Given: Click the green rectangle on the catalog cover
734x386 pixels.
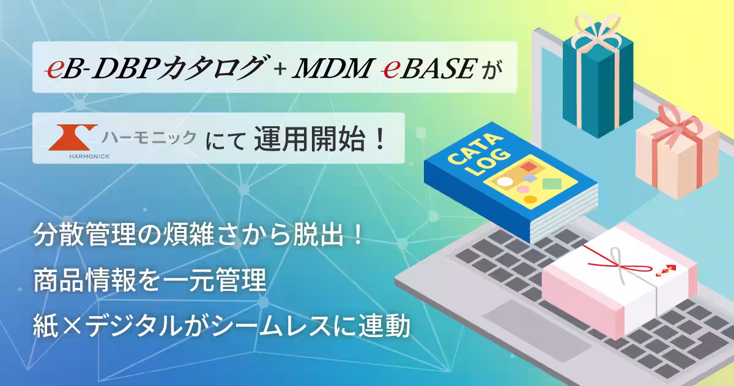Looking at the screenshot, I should click(x=552, y=183).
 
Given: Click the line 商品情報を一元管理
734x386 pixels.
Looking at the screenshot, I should click(x=149, y=283).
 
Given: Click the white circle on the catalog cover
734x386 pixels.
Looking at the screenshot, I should click(x=504, y=182).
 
